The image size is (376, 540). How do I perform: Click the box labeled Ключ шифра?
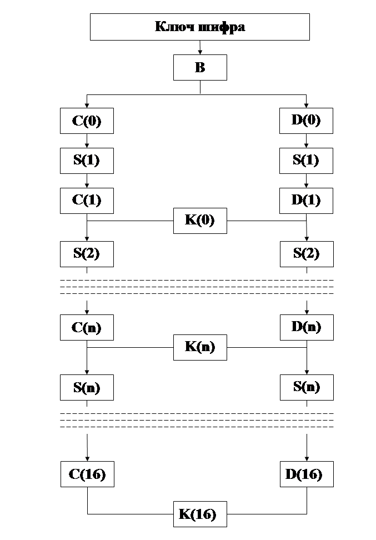199,27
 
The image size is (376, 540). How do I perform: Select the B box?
200,68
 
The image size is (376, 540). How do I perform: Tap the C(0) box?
87,121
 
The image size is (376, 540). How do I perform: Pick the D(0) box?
306,121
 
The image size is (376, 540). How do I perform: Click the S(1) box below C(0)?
87,161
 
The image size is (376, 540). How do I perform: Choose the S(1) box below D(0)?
306,161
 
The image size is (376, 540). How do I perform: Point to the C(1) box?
87,200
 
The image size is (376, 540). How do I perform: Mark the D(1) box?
306,200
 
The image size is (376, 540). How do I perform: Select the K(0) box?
200,221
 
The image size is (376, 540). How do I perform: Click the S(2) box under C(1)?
87,254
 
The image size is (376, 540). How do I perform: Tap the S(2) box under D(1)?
306,254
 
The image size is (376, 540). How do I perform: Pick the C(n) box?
87,327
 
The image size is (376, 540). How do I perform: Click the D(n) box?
306,327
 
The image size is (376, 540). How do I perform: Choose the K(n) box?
200,348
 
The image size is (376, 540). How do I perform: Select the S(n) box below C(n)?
87,387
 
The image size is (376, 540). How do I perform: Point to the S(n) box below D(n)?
306,387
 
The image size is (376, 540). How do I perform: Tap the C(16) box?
87,474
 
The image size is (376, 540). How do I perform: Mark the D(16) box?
306,474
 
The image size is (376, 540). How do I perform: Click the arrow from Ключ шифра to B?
200,48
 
